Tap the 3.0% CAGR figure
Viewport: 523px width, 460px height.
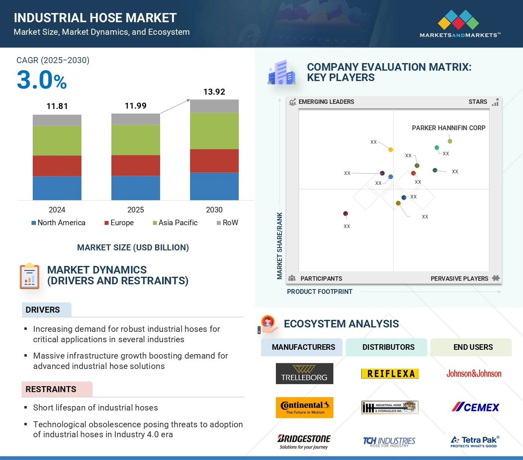[x=42, y=80]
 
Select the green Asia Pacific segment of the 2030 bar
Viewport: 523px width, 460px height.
[x=214, y=131]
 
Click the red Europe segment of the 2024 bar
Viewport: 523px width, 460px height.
[x=57, y=166]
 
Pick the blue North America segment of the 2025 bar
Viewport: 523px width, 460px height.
[x=135, y=188]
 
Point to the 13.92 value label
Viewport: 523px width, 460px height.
[x=214, y=92]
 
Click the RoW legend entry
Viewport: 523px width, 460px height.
[x=227, y=223]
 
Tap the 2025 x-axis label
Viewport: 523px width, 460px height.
[x=135, y=210]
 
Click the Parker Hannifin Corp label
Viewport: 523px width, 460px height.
[x=448, y=128]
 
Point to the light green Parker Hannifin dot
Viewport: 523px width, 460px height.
[x=450, y=141]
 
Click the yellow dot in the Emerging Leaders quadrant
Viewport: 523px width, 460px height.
[x=390, y=150]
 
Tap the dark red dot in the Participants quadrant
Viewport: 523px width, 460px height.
[x=345, y=214]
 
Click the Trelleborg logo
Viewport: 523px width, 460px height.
[x=304, y=374]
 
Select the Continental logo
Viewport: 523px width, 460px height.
[x=304, y=407]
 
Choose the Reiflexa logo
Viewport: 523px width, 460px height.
[x=390, y=374]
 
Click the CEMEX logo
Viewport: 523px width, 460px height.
[x=475, y=407]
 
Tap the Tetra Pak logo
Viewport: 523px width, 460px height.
[x=475, y=441]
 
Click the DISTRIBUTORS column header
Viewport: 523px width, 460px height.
[x=388, y=347]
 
